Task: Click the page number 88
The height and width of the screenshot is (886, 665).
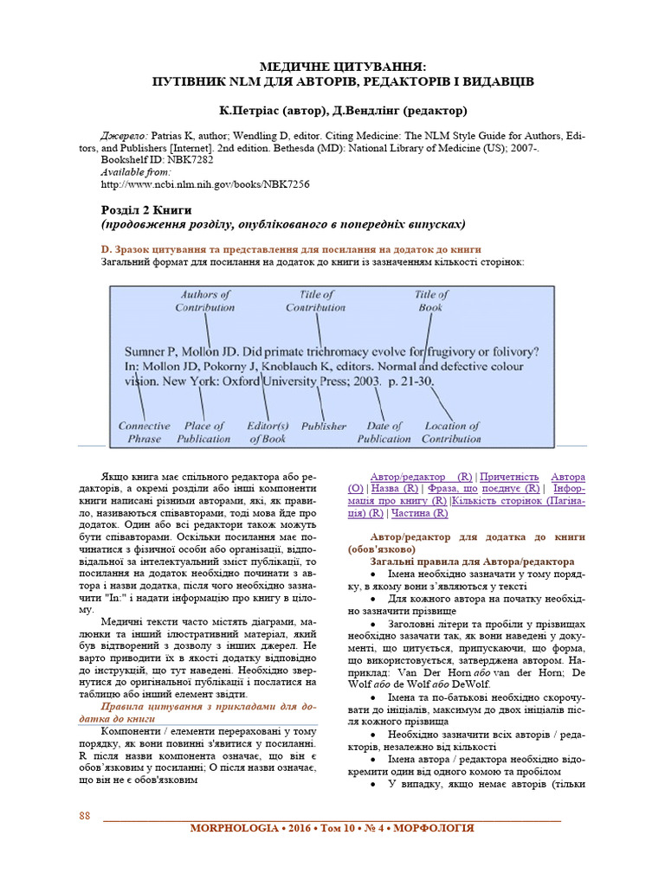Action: (85, 816)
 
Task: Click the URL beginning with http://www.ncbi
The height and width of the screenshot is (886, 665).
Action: (205, 184)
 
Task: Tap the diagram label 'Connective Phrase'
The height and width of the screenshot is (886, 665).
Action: (145, 433)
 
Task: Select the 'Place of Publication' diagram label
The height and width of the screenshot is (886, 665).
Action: (203, 433)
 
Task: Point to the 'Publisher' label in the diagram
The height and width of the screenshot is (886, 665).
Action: (323, 427)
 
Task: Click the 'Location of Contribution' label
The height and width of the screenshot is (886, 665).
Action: (451, 433)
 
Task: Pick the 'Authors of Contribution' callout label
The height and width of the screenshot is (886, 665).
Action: (205, 301)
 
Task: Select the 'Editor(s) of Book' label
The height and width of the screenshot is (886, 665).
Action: (268, 433)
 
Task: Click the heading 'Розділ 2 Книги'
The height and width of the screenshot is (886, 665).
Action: (146, 210)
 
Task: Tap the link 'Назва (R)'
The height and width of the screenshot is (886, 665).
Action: (393, 489)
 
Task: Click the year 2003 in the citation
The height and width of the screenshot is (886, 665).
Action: (362, 380)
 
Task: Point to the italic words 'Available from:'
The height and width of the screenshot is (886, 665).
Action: (136, 172)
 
